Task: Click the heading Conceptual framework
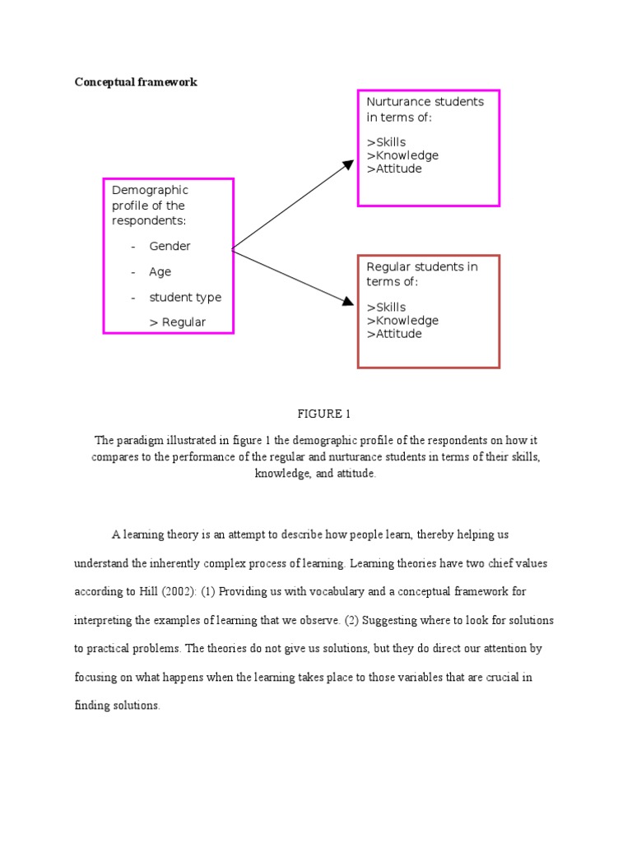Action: [x=136, y=82]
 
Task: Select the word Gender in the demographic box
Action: [x=170, y=246]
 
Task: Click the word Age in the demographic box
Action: [x=160, y=271]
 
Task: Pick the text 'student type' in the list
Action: [x=185, y=297]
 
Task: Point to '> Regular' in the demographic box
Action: [x=178, y=322]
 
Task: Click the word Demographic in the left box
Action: [x=150, y=190]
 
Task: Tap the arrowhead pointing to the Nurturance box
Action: [x=348, y=165]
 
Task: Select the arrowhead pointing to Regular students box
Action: [x=348, y=303]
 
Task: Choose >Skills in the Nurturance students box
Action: [x=386, y=142]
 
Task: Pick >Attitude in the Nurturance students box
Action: [x=394, y=169]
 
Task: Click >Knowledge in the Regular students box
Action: [x=402, y=321]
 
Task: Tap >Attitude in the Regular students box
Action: [x=394, y=334]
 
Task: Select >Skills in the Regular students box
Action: [x=386, y=308]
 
